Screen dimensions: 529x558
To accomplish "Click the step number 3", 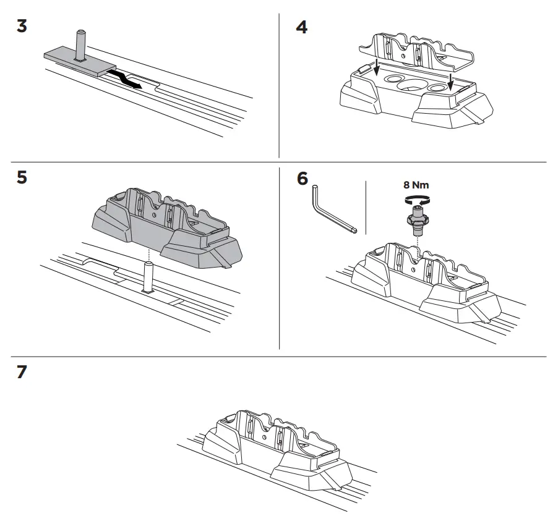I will click(x=22, y=28).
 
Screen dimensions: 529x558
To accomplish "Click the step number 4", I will click(x=301, y=28).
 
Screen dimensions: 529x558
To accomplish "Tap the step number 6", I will click(x=302, y=179).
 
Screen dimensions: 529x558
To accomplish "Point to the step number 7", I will click(x=22, y=373).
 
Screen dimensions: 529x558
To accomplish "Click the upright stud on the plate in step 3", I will click(x=80, y=44).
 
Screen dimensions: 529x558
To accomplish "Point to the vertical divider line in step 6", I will click(x=366, y=207).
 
